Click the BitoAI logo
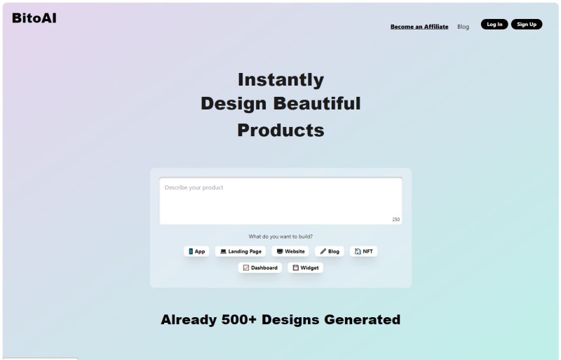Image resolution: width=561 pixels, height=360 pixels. pyautogui.click(x=34, y=18)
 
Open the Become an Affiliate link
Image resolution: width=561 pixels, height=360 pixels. pyautogui.click(x=419, y=27)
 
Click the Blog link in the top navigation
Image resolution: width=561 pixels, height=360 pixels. pyautogui.click(x=463, y=27)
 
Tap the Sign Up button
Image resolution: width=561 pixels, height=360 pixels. pyautogui.click(x=527, y=25)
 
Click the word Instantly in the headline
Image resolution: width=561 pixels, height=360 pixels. pyautogui.click(x=281, y=79)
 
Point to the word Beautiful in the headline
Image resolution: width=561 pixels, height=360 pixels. pyautogui.click(x=317, y=104)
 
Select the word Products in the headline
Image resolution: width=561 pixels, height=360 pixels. pyautogui.click(x=281, y=130)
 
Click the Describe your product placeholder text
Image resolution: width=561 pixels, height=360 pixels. pyautogui.click(x=194, y=187)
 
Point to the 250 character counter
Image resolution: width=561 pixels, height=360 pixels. pyautogui.click(x=396, y=219)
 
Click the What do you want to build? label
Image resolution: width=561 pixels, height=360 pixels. pyautogui.click(x=280, y=236)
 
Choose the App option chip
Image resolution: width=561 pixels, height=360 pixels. pyautogui.click(x=196, y=251)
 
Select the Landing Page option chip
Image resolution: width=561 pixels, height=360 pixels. pyautogui.click(x=241, y=251)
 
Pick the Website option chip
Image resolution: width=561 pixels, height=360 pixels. pyautogui.click(x=290, y=251)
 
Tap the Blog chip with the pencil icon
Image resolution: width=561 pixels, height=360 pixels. pyautogui.click(x=330, y=251)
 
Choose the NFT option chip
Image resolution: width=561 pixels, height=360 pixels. pyautogui.click(x=363, y=251)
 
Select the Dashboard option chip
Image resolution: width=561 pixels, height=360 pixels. pyautogui.click(x=260, y=267)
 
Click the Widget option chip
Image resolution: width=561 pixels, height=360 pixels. pyautogui.click(x=306, y=267)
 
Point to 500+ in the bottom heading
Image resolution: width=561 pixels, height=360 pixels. pyautogui.click(x=239, y=319)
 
